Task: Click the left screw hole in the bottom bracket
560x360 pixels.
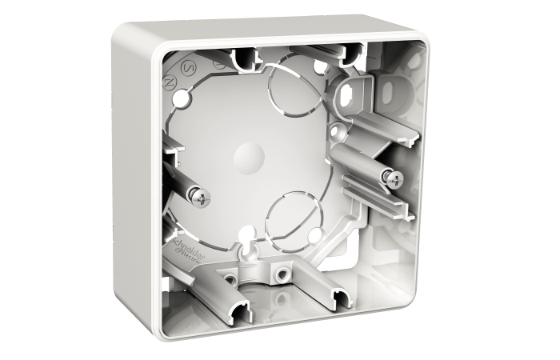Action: (230, 278)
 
